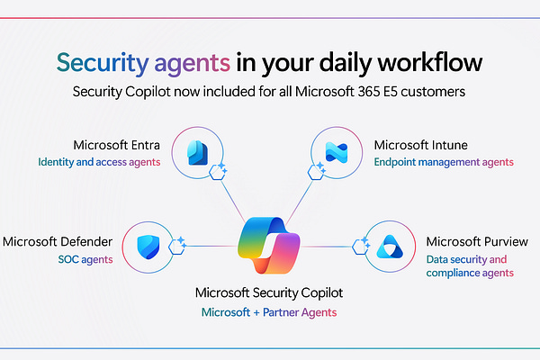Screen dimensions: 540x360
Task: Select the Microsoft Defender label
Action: (58, 241)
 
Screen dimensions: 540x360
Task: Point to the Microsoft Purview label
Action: (472, 241)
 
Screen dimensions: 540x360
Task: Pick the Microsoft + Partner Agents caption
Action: (268, 312)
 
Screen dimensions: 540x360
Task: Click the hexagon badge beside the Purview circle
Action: (364, 244)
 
